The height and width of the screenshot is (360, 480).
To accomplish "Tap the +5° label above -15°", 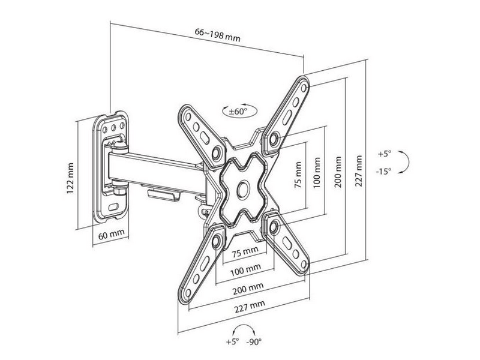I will pyautogui.click(x=385, y=154).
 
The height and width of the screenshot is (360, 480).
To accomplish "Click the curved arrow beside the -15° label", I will pyautogui.click(x=404, y=162).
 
